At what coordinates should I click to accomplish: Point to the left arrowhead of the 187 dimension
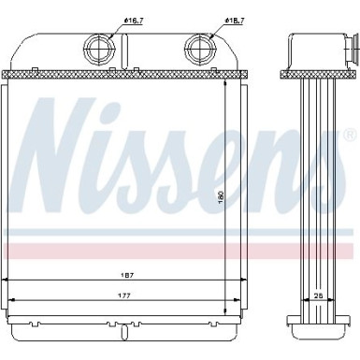(8, 281)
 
